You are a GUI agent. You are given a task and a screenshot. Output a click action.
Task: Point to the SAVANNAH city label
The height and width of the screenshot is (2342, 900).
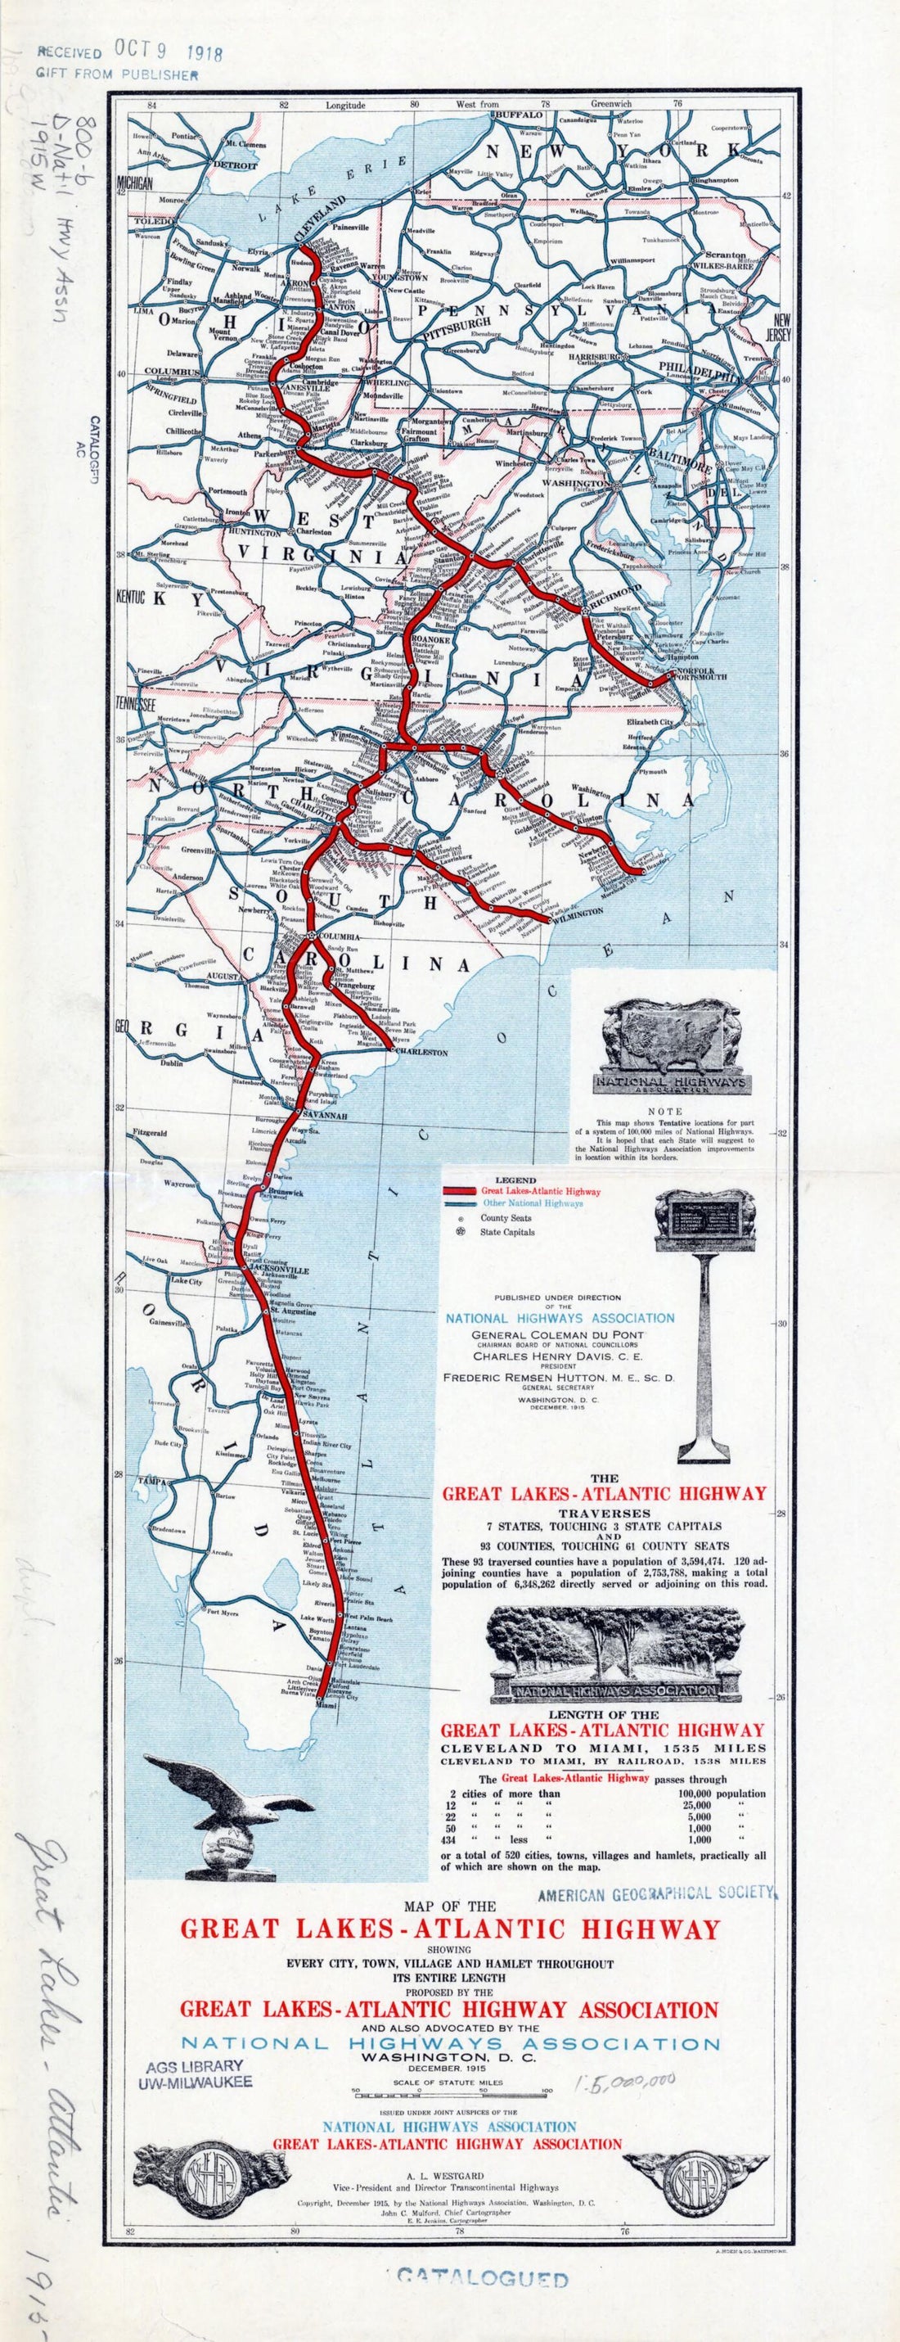(x=328, y=1116)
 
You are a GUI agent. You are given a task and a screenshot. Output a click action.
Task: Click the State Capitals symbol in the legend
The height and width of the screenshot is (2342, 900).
(x=461, y=1232)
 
